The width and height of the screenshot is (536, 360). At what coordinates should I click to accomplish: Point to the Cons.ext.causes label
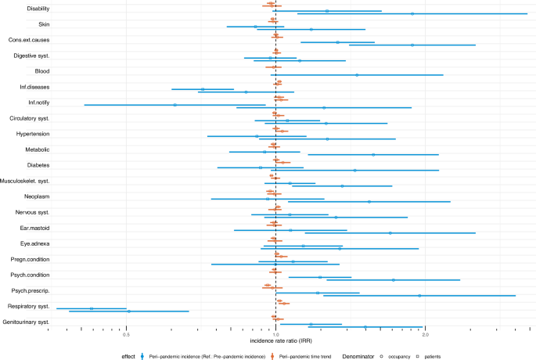tap(29, 40)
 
